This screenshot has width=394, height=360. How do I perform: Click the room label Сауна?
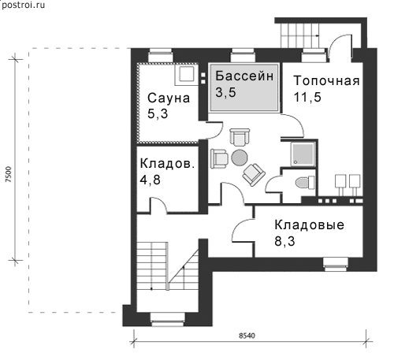click(x=169, y=98)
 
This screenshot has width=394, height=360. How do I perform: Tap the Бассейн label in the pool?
click(x=244, y=76)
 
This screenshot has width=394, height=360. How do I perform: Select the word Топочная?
click(x=326, y=80)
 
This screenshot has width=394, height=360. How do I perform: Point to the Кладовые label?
click(x=310, y=225)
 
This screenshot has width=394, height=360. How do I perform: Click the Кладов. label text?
click(x=167, y=164)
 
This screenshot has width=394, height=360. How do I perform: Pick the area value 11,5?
click(x=307, y=97)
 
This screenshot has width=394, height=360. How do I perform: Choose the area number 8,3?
click(x=284, y=241)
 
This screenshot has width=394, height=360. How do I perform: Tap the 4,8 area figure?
click(x=150, y=180)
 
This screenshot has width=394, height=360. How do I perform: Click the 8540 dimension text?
click(x=247, y=336)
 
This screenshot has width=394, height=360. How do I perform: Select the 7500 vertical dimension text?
click(x=9, y=174)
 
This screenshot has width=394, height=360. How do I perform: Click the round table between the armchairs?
click(x=239, y=158)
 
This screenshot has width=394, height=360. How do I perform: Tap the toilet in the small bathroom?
click(x=305, y=182)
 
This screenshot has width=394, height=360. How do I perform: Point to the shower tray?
click(x=303, y=154)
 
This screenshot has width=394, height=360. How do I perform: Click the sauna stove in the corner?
click(x=187, y=75)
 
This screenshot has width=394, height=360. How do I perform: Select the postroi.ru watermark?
click(x=23, y=5)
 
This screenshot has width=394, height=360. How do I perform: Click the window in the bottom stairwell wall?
click(x=167, y=319)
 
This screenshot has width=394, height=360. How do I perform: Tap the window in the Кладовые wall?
click(x=336, y=264)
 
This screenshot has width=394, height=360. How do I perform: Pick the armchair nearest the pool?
click(x=240, y=137)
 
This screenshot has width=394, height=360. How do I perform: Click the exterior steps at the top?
click(x=300, y=35)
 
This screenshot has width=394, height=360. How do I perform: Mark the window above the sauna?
click(x=161, y=55)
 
